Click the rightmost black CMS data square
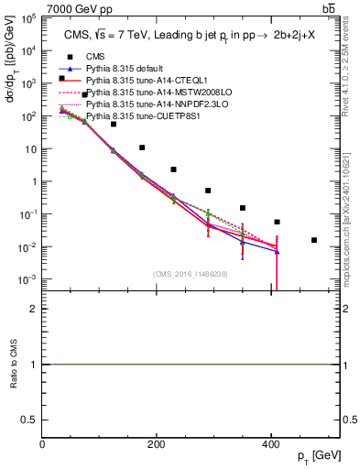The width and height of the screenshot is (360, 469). click(x=314, y=240)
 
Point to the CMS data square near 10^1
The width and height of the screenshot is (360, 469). click(x=142, y=147)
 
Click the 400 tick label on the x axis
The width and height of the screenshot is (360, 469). click(x=272, y=444)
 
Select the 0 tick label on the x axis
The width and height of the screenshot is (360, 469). click(x=42, y=444)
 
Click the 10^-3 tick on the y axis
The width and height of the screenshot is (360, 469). click(x=29, y=279)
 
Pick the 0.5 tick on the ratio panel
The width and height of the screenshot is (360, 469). click(x=30, y=419)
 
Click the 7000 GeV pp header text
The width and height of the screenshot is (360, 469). click(x=81, y=8)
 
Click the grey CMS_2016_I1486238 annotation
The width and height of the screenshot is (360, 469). click(x=191, y=274)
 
